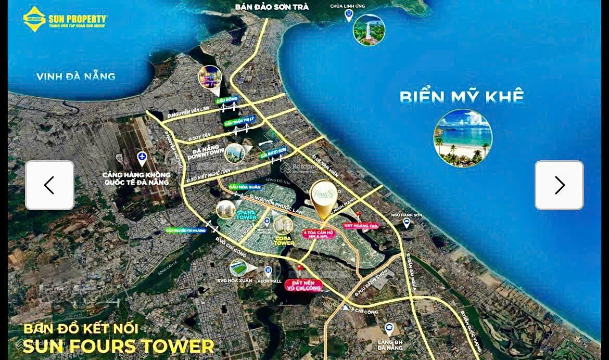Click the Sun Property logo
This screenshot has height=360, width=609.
(65, 19)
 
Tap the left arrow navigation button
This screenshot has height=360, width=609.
(49, 185)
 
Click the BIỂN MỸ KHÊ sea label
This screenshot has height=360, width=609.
(461, 97)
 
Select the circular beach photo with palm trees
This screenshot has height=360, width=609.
(463, 138)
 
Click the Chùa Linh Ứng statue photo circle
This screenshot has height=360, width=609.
(369, 30)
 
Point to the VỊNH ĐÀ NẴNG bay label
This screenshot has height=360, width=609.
(76, 76)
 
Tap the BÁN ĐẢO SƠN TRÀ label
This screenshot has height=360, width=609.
(272, 7)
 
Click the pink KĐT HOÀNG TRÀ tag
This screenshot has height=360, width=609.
(360, 226)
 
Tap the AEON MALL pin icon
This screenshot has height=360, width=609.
(268, 271)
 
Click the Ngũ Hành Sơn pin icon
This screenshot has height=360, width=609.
(407, 223)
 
